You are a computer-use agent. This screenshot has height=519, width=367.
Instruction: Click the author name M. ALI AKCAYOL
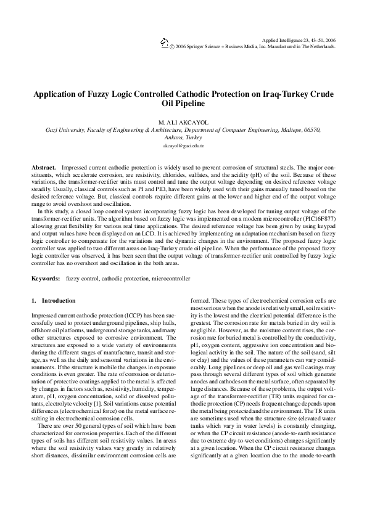pos(183,121)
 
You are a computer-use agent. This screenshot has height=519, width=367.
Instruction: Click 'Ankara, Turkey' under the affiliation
pos(183,139)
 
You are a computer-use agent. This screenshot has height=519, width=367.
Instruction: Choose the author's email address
pos(183,147)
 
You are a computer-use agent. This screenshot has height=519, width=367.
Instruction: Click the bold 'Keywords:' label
pos(46,279)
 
